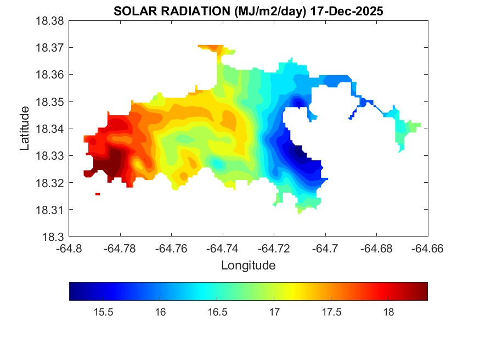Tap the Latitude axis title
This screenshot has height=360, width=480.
[25, 128]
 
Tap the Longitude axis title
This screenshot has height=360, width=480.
[248, 266]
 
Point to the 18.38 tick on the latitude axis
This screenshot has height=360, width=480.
[50, 21]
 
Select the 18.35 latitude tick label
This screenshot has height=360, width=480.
[50, 102]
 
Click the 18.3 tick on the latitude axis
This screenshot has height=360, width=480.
[55, 237]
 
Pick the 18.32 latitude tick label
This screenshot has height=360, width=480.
[50, 183]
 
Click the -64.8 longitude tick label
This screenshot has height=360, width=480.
[70, 248]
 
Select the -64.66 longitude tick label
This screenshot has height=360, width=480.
[428, 248]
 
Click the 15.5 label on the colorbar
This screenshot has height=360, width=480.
[103, 312]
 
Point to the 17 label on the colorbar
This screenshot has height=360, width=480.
[274, 312]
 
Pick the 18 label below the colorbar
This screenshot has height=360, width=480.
[388, 312]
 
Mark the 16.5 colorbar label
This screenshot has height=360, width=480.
[217, 312]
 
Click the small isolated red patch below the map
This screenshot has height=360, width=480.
[98, 194]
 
